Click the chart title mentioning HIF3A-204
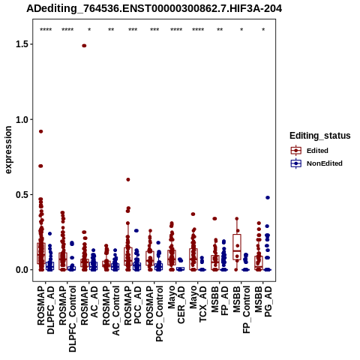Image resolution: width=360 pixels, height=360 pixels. tap(154, 8)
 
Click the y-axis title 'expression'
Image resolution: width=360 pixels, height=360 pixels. tap(8, 150)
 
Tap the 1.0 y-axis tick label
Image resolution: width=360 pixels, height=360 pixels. tap(21, 119)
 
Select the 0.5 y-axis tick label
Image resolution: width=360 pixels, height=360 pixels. tap(21, 195)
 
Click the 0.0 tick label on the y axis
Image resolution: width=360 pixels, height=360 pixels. tap(21, 270)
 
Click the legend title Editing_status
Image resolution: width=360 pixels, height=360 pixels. tap(320, 136)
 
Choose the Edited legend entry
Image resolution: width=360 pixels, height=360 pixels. tap(310, 151)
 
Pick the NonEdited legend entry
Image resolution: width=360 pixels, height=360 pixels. tap(316, 163)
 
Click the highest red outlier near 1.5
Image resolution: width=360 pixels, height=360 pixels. tap(84, 46)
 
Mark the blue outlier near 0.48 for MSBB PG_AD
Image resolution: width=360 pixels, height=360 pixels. tap(268, 197)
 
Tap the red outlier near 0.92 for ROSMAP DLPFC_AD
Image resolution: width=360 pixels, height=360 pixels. tap(40, 131)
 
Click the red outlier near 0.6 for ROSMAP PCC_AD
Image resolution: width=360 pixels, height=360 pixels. tap(128, 179)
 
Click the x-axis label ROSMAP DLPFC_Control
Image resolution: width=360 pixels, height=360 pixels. tap(67, 319)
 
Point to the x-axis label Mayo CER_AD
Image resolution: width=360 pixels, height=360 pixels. tap(176, 304)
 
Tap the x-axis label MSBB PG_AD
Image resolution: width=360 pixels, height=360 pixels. tap(263, 301)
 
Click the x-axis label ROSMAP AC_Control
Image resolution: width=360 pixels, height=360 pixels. tap(111, 310)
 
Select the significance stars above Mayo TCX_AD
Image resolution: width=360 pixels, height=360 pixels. tap(198, 30)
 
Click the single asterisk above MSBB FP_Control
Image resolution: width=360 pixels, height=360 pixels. tap(241, 30)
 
